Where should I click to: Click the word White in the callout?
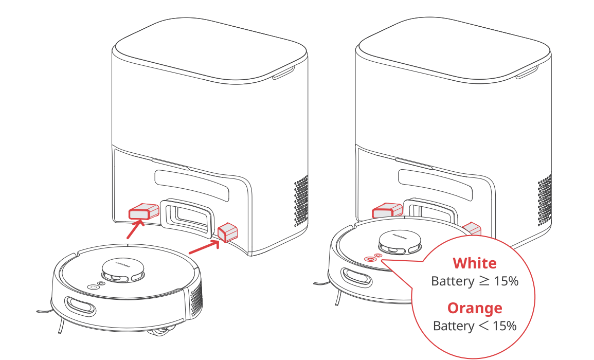(x=475, y=263)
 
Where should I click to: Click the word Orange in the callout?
(x=475, y=308)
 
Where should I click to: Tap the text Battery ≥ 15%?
(x=475, y=281)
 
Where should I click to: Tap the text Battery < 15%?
(x=475, y=326)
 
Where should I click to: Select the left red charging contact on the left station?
(x=144, y=211)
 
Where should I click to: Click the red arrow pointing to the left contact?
(x=136, y=229)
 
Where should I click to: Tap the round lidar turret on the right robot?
(x=399, y=242)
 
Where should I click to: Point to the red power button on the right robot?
(x=369, y=259)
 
